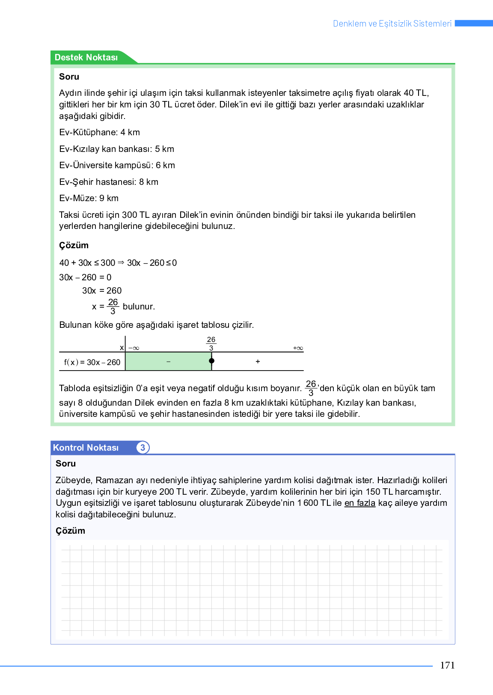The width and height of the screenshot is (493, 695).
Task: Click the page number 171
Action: pos(447,665)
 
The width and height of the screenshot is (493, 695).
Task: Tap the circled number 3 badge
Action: pos(143,448)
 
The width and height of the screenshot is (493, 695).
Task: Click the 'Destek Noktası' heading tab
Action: pos(86,57)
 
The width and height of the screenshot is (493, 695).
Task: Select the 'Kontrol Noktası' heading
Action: pos(86,448)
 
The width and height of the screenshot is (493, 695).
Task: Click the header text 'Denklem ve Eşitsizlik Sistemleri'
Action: pos(392,24)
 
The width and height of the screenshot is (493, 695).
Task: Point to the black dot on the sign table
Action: pos(211,361)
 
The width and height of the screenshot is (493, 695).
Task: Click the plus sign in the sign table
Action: pos(258,362)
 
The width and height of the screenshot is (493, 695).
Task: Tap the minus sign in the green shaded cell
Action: pos(168,362)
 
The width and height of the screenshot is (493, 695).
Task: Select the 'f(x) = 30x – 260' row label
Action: pos(92,362)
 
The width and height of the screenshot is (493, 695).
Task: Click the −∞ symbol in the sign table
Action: pos(134,348)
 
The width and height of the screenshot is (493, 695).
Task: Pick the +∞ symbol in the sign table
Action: pos(298,348)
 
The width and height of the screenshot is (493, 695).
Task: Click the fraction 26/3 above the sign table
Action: pos(211,343)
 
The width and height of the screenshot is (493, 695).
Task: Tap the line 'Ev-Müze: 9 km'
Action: pos(89,198)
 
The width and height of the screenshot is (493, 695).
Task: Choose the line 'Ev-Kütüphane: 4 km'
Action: pos(100,132)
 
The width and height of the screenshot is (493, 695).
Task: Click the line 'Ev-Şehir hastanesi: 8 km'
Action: pos(109,182)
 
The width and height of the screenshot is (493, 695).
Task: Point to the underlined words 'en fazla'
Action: pos(359,503)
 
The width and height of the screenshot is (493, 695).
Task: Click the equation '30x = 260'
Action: pos(102,291)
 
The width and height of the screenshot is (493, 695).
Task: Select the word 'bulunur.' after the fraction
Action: pos(139,306)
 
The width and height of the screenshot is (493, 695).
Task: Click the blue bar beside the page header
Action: pos(474,23)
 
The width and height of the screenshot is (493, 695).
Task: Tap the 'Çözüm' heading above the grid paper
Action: pos(70,531)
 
